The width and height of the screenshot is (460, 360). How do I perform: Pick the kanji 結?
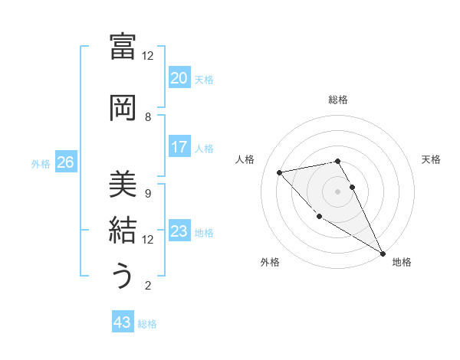point(123,230)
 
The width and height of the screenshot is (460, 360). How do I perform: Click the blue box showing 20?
point(179,78)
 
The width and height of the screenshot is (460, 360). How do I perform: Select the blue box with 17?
point(179,147)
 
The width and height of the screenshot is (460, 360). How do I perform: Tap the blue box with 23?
point(179,232)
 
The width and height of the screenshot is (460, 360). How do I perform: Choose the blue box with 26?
point(65,162)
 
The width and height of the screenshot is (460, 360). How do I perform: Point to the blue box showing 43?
point(123,323)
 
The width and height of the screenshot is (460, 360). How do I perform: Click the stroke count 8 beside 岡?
point(148,117)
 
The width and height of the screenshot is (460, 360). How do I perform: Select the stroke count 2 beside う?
point(148,286)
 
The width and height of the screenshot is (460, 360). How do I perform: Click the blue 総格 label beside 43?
point(147,324)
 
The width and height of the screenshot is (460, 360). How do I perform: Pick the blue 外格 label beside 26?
point(41,163)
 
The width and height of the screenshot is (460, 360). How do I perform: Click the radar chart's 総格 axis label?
point(337,100)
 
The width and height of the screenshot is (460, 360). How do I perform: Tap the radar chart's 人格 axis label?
point(246,159)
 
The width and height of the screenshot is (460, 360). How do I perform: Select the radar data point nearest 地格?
point(383,253)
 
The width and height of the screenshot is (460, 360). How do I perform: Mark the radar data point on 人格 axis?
point(280,172)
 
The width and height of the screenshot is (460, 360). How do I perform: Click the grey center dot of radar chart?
point(337,191)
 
